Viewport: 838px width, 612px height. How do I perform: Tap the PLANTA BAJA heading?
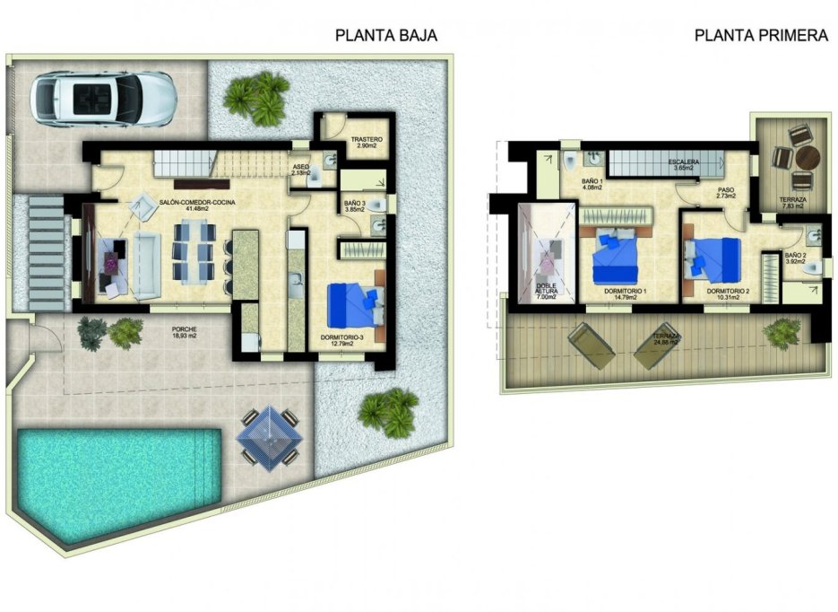point(385,36)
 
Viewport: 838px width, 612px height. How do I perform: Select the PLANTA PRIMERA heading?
point(760,36)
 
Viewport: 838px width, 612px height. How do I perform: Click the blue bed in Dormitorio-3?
point(356,304)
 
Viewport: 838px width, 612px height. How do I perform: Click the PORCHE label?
point(185,329)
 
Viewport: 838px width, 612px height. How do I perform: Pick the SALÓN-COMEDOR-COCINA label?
point(198,203)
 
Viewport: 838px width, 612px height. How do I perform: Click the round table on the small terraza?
point(808,158)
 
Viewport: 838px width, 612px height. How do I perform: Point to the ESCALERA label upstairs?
point(683,162)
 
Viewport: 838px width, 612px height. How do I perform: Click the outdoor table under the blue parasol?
point(269,435)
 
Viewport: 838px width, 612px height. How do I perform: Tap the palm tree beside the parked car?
point(255,98)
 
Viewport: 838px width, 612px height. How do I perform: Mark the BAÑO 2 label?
point(796,256)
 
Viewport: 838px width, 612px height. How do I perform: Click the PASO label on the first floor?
point(725,188)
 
